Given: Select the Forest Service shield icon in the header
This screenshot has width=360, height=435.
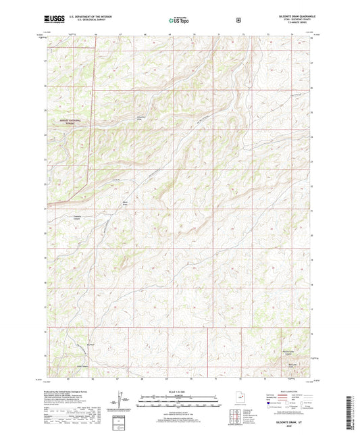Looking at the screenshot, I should [238, 20].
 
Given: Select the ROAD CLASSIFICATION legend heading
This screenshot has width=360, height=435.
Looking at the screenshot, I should [290, 390].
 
